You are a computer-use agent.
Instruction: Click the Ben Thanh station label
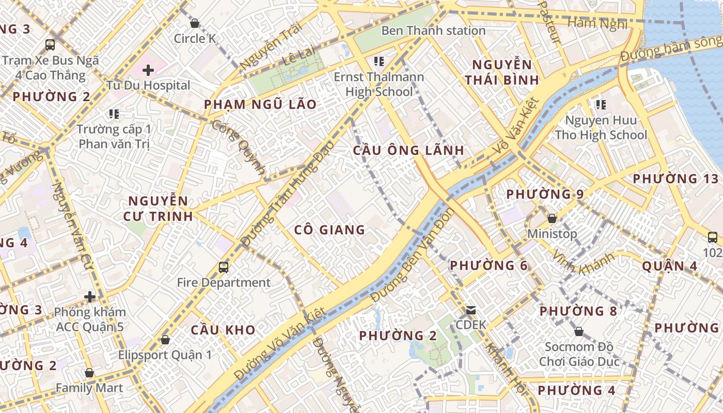(x=433, y=30)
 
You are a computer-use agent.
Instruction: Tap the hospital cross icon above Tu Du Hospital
(x=148, y=70)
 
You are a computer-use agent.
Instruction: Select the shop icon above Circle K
(x=195, y=23)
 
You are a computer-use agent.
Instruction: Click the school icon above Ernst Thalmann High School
(x=379, y=62)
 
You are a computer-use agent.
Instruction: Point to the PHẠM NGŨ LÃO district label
(x=260, y=104)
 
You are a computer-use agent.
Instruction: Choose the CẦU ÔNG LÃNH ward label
(x=408, y=150)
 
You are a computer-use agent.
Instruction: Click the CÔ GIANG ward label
(x=329, y=230)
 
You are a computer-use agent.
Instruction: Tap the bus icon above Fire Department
(x=224, y=267)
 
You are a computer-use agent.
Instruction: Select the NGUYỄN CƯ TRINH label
(x=158, y=208)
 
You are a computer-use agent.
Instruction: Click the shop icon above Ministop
(x=552, y=218)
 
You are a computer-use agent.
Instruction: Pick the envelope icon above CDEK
(x=471, y=310)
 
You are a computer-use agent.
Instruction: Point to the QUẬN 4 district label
(x=670, y=266)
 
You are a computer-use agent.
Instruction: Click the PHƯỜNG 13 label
(x=675, y=179)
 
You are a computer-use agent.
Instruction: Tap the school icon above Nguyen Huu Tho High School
(x=601, y=105)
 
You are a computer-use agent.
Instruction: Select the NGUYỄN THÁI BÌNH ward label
(x=501, y=72)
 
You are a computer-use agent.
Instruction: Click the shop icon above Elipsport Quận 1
(x=165, y=340)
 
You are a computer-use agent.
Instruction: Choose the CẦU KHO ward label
(x=223, y=330)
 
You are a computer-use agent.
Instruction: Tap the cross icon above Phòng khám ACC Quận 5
(x=90, y=297)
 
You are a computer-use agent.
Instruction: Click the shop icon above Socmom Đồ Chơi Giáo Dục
(x=579, y=331)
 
